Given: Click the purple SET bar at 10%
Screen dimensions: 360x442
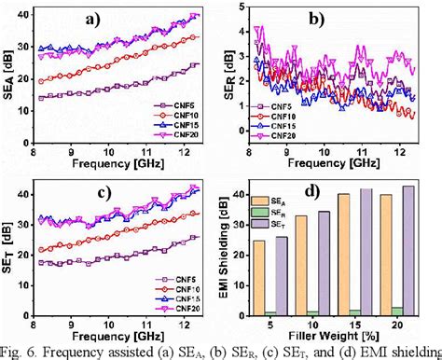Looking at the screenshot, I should coord(324,263).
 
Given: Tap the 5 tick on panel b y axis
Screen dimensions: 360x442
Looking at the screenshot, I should coord(246,7).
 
